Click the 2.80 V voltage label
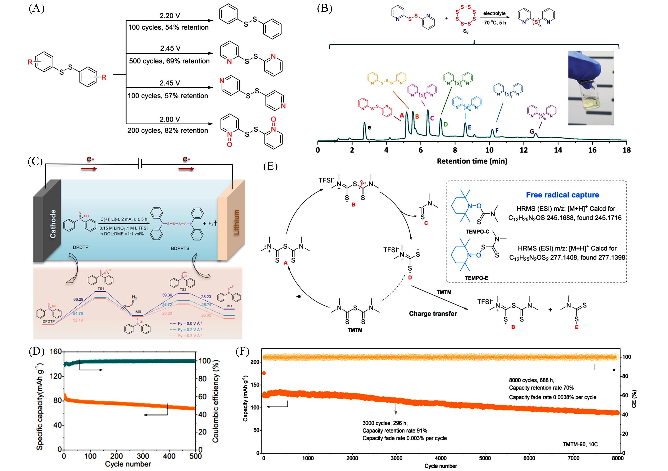pos(170,119)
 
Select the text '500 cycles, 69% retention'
pos(169,61)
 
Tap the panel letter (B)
pos(325,9)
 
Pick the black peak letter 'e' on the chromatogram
pos(369,127)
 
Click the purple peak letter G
pos(531,131)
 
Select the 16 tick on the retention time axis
pos(592,150)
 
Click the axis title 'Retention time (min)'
pos(472,161)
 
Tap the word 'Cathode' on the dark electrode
pos(53,224)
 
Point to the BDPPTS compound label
pos(180,248)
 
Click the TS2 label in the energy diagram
pos(183,289)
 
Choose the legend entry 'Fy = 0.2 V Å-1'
pos(187,330)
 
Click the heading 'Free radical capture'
pos(562,195)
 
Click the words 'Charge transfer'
pos(433,314)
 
